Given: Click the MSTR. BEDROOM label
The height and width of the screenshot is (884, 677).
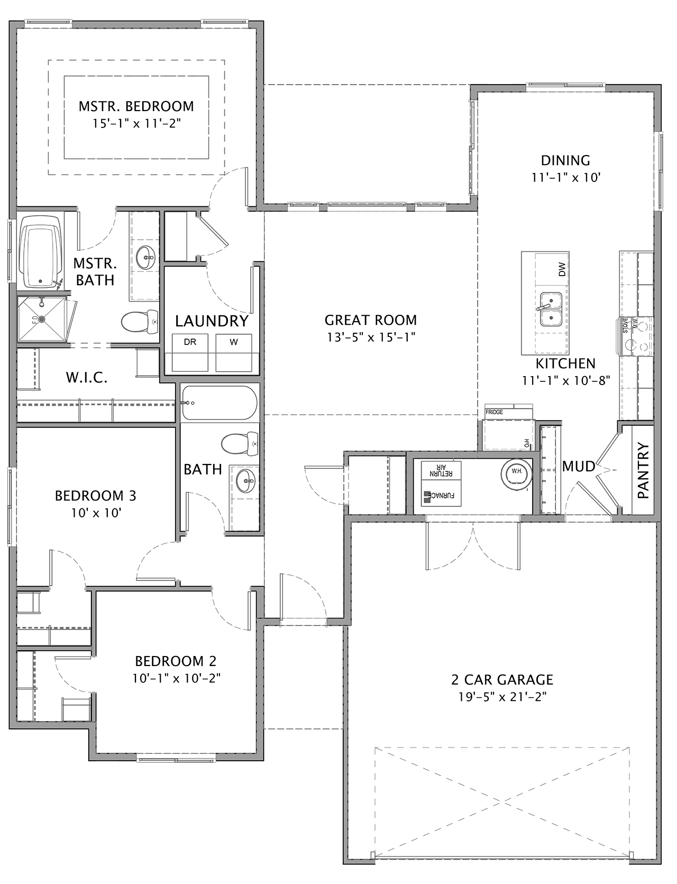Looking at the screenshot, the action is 136,106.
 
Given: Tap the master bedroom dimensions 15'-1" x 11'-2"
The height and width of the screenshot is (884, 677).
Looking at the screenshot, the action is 136,123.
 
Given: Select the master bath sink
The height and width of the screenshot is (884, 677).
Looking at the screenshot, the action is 145,258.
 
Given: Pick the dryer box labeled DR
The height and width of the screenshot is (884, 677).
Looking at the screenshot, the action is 190,353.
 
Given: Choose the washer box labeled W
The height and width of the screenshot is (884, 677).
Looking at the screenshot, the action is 234,353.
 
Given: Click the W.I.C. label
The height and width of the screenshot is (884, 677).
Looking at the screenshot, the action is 87,378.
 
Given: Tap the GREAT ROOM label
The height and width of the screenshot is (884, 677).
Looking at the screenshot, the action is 371,320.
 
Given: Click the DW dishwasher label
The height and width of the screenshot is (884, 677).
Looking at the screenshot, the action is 562,270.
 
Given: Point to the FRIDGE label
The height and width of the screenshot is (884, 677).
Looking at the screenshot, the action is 494,412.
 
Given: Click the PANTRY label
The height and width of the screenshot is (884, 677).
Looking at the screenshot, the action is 643,471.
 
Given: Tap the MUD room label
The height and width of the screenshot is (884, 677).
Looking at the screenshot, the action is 579,467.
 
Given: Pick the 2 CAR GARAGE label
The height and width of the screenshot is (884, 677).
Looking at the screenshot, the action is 502,679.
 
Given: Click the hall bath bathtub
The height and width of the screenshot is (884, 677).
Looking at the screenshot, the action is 219,403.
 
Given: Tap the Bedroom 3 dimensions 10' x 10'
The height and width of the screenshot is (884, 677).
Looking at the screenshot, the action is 96,513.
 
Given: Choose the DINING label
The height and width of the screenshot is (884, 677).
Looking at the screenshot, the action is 565,160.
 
